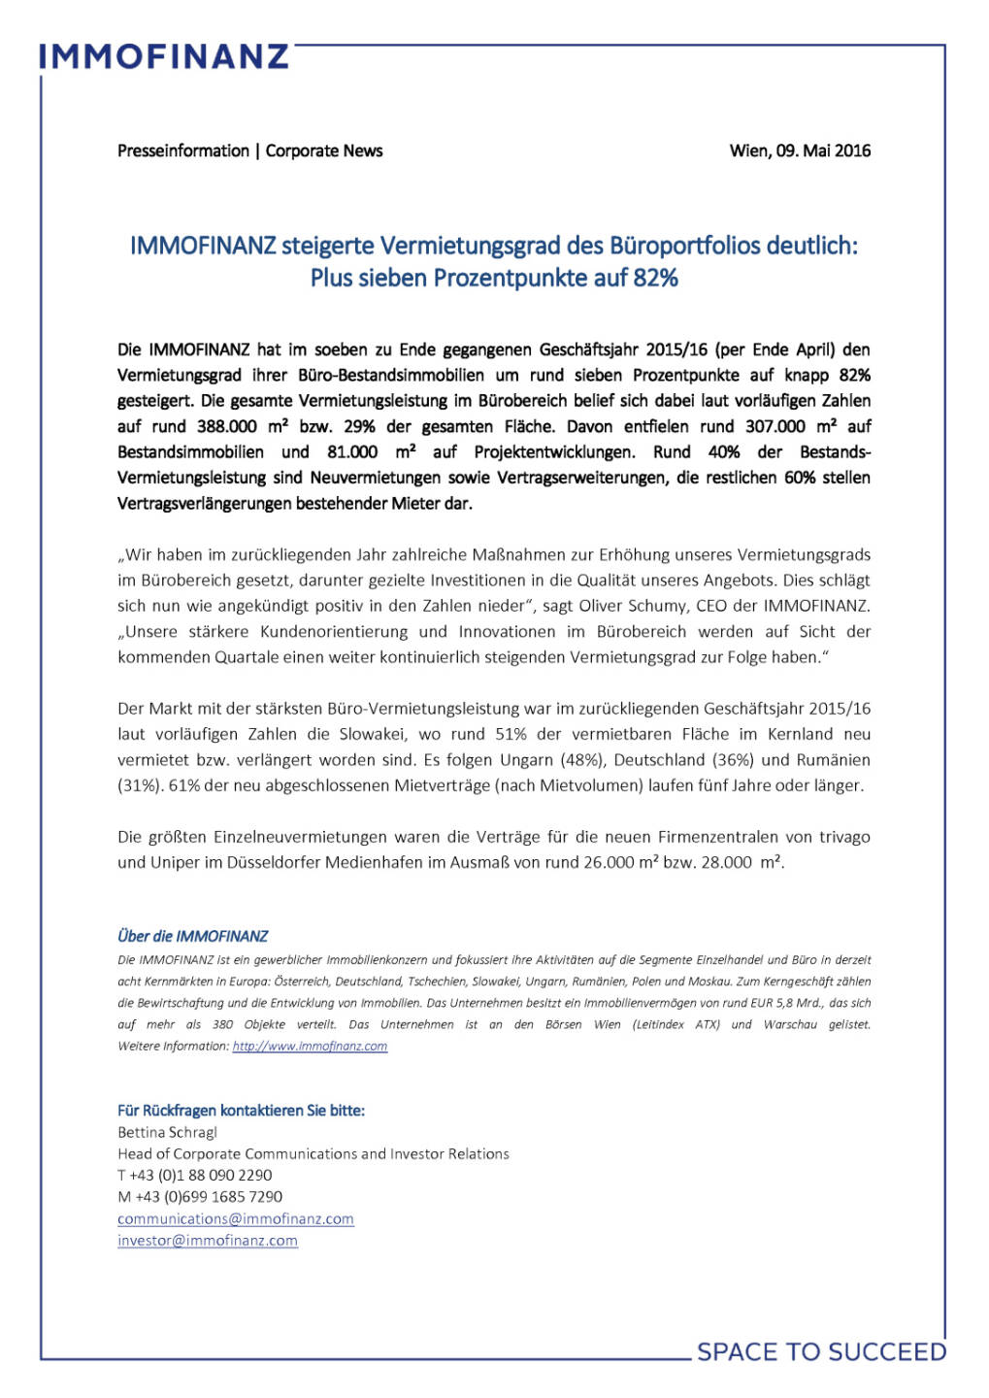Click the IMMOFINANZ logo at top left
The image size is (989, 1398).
click(164, 56)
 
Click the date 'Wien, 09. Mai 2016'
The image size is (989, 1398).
click(800, 150)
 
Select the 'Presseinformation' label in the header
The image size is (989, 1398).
click(183, 150)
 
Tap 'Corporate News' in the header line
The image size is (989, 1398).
click(324, 150)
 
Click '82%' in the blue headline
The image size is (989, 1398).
click(655, 279)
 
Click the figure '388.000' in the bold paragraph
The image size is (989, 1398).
click(226, 426)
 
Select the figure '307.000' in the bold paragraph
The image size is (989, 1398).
click(775, 426)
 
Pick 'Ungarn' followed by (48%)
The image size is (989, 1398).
click(526, 760)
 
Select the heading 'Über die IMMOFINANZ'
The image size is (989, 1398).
click(192, 937)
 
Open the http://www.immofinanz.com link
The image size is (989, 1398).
click(310, 1047)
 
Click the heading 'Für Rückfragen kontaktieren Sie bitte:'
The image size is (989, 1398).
click(241, 1111)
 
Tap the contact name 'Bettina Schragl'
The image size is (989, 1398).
click(167, 1133)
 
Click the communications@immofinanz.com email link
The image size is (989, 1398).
click(235, 1219)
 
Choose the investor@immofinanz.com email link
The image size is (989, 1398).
click(207, 1241)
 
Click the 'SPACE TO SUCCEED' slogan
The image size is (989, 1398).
click(821, 1352)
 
